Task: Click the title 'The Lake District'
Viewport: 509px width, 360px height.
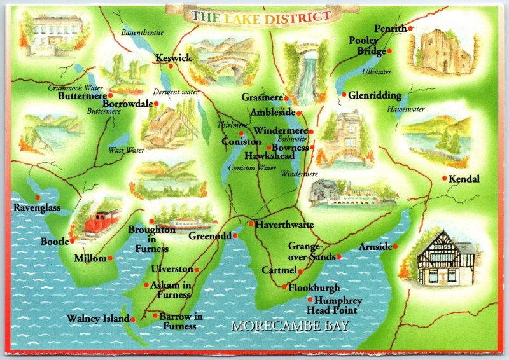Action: point(261,17)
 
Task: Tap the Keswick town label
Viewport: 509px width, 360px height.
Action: point(173,58)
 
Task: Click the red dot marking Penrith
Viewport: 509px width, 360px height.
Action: point(410,29)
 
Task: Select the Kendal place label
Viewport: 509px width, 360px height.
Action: point(464,179)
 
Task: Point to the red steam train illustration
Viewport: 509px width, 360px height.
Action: point(101,222)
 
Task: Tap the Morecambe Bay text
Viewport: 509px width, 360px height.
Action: point(290,326)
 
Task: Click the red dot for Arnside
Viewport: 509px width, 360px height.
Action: point(395,246)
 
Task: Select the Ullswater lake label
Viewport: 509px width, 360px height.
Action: point(377,72)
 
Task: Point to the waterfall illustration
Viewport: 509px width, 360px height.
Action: point(300,69)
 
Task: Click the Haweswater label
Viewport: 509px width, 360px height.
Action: point(406,109)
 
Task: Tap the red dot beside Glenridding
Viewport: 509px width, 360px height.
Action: point(344,95)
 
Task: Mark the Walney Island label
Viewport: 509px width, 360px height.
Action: point(98,319)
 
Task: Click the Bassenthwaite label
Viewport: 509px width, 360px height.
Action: point(143,31)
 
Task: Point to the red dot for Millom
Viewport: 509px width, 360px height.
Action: point(109,258)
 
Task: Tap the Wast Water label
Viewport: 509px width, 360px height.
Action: point(127,150)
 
